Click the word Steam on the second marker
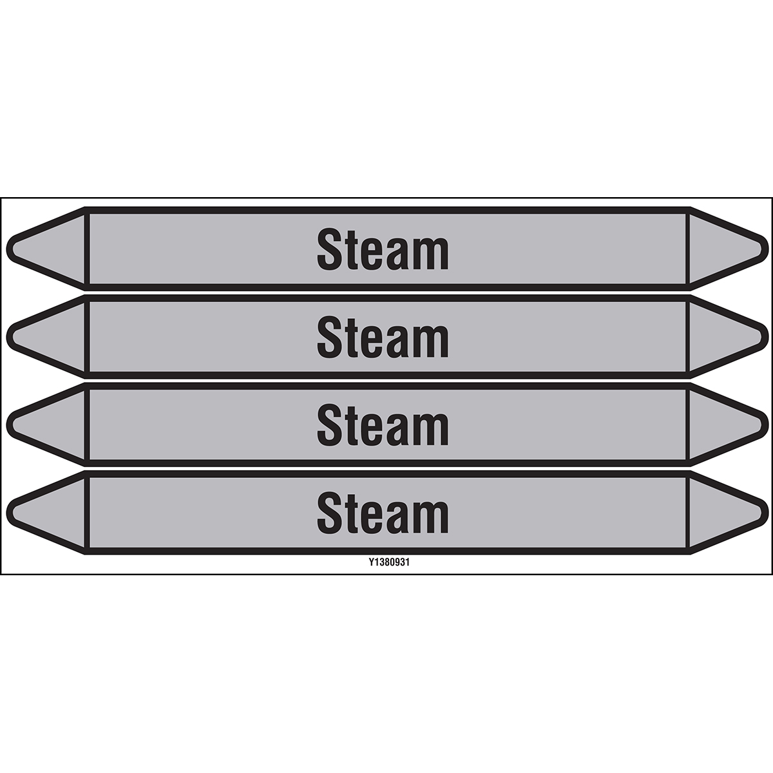click(383, 339)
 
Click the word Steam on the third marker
click(383, 427)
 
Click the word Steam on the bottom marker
click(383, 515)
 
